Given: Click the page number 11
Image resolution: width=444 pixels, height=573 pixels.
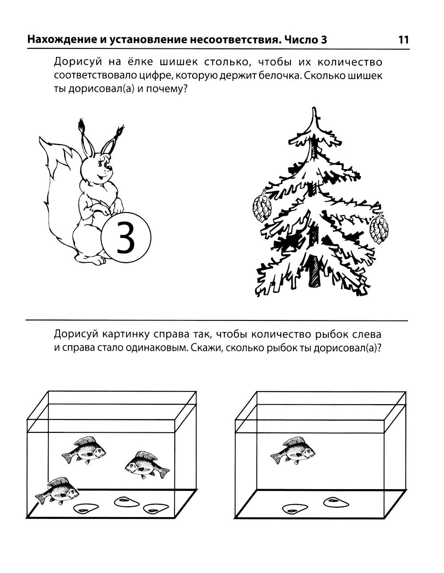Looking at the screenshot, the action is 404,40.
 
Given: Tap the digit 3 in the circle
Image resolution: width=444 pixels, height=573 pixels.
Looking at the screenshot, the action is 126,237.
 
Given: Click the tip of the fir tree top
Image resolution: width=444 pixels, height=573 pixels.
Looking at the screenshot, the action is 314,107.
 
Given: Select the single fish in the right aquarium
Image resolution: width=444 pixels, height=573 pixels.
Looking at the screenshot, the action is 293,450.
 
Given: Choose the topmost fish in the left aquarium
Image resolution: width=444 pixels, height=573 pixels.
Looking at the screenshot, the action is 84,450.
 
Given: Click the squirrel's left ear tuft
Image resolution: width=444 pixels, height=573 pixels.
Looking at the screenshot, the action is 81,127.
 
